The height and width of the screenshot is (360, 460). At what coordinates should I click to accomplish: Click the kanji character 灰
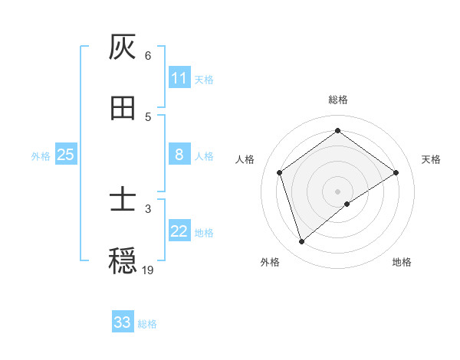click(123, 47)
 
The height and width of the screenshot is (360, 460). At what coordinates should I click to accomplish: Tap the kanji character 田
click(123, 108)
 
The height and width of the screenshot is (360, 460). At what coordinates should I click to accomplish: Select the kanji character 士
click(123, 200)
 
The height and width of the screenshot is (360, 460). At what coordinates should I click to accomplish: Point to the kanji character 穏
click(123, 261)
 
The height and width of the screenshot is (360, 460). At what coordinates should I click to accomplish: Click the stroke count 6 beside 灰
click(148, 55)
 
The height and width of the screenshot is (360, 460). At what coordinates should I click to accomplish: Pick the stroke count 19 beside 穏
click(148, 270)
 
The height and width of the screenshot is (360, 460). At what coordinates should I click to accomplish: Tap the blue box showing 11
click(179, 78)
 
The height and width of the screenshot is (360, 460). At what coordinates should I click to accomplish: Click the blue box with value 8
click(179, 155)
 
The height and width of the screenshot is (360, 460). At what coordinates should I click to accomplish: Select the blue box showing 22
click(179, 231)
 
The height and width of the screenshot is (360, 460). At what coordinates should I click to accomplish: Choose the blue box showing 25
click(66, 155)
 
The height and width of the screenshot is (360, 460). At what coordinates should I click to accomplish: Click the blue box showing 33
click(123, 322)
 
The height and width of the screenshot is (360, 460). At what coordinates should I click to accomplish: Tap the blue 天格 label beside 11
click(204, 79)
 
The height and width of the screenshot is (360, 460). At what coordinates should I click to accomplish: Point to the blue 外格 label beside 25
click(41, 155)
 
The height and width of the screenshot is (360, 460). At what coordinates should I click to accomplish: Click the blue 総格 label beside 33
click(147, 324)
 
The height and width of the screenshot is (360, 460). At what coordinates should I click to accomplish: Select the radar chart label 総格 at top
click(338, 100)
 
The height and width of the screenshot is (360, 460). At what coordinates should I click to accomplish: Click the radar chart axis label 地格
click(402, 262)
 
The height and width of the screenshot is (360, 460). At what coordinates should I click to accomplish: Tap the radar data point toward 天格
click(396, 172)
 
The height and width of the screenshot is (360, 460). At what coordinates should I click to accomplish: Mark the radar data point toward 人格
click(280, 172)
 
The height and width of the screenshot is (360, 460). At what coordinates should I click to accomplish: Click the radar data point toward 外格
click(302, 242)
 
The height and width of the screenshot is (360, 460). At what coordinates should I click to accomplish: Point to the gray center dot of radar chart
click(338, 191)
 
